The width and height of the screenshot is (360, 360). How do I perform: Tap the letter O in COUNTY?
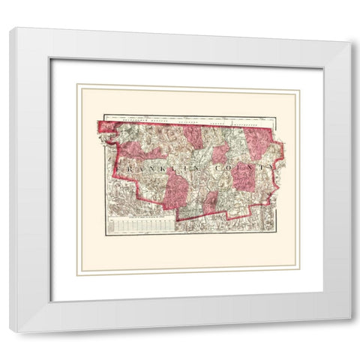point(229,169)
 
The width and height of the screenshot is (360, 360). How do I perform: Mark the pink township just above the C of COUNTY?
point(220,153)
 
